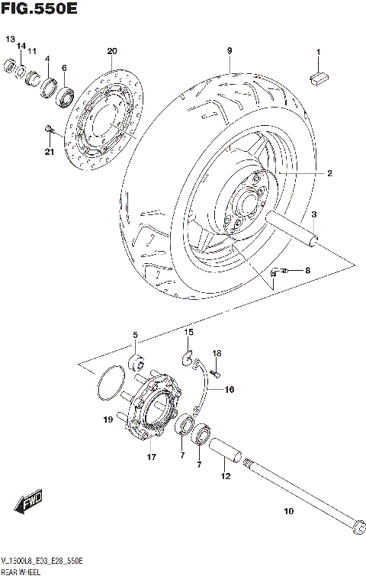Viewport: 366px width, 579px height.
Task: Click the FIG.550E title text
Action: point(40,10)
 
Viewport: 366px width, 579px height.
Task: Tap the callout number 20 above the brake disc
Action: point(112,52)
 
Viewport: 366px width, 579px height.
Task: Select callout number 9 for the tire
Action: point(228,51)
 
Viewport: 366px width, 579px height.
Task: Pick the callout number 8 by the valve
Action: point(307,270)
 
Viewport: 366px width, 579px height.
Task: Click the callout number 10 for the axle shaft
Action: point(288,511)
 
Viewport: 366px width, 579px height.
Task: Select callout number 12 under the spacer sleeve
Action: point(224,477)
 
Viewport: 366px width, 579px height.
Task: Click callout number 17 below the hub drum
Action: point(151,458)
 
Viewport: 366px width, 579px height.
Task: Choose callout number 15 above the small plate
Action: point(188,333)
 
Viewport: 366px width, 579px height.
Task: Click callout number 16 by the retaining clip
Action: point(229,389)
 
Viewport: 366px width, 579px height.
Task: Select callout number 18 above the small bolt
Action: point(217,353)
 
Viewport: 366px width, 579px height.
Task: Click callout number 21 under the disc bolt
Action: point(50,152)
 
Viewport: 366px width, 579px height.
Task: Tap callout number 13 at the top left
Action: point(10,39)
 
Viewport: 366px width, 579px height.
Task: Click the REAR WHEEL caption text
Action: point(27,571)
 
